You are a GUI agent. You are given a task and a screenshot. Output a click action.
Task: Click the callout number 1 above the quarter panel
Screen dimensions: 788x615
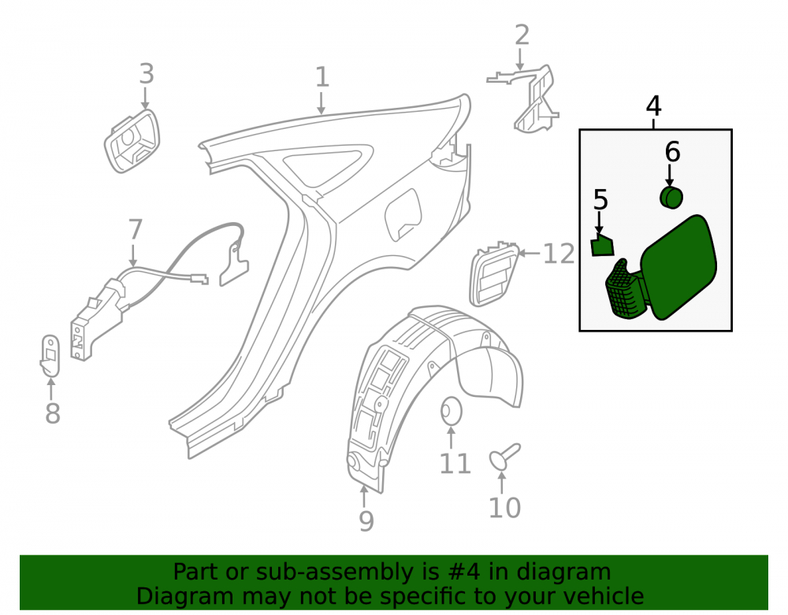point(322,77)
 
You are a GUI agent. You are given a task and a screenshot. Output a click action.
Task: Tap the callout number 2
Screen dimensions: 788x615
point(522,35)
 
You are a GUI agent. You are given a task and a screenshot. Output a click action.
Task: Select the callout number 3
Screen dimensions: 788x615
point(147,74)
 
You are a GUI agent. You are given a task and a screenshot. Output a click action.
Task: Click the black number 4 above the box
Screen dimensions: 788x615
point(653,106)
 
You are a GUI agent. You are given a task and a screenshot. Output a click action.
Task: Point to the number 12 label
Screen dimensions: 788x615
point(559,254)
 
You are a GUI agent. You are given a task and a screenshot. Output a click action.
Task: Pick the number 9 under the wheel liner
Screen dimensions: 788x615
point(366,521)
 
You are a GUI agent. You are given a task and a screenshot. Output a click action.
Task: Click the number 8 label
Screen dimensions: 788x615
point(53,413)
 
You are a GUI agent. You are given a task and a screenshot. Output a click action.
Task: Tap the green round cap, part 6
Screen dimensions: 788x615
point(671,198)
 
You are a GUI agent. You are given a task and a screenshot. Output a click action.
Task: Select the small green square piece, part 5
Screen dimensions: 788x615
point(603,246)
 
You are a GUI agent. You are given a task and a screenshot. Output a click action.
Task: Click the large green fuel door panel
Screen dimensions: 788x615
point(679,266)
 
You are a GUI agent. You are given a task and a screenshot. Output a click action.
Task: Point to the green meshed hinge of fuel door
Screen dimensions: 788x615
point(626,289)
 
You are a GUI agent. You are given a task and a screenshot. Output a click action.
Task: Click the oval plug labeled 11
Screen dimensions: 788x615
point(452,411)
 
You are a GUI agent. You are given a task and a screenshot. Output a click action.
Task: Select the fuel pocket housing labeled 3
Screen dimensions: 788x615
point(132,141)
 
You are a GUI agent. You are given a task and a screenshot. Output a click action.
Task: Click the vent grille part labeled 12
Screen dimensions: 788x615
point(493,274)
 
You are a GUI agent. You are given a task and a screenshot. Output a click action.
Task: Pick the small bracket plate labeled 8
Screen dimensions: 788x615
point(50,355)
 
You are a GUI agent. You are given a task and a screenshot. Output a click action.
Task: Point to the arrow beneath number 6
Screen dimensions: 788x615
point(669,176)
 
